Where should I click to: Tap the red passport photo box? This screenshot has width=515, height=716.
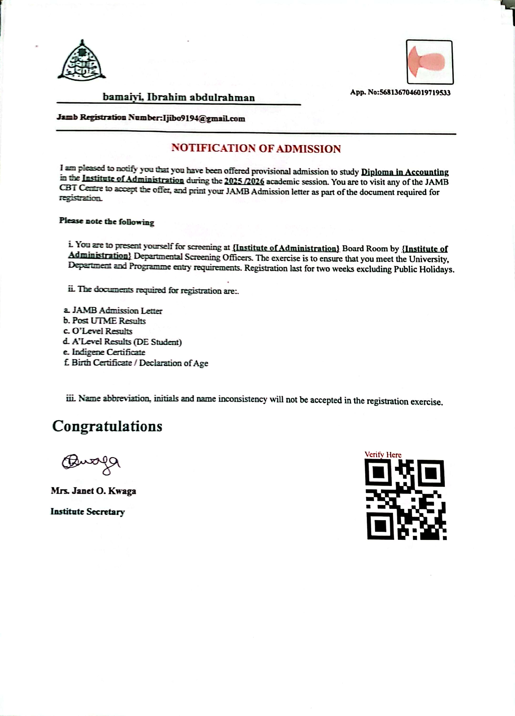click(429, 62)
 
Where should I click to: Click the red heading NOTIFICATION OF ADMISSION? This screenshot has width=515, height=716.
click(256, 148)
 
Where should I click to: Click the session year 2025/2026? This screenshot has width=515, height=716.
click(244, 182)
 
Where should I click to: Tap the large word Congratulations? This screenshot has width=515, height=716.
click(107, 426)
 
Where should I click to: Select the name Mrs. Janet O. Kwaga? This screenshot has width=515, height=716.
click(93, 491)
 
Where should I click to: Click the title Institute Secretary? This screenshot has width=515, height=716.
click(88, 511)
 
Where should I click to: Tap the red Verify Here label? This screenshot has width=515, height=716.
click(383, 455)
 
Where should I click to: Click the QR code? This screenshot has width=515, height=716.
click(405, 499)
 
